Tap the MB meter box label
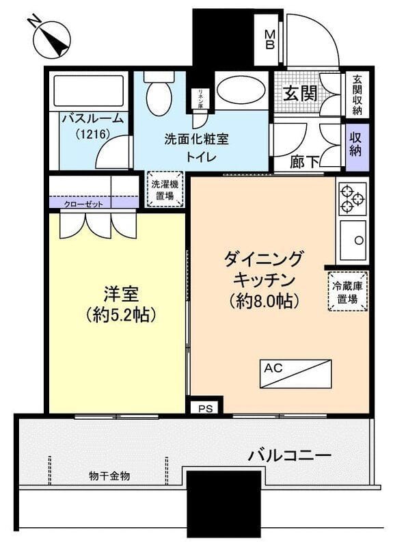pos(270,40)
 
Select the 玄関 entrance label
pos(299,93)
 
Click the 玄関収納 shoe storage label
pos(357,94)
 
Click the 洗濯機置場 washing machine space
pos(165,189)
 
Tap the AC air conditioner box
pos(295,373)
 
